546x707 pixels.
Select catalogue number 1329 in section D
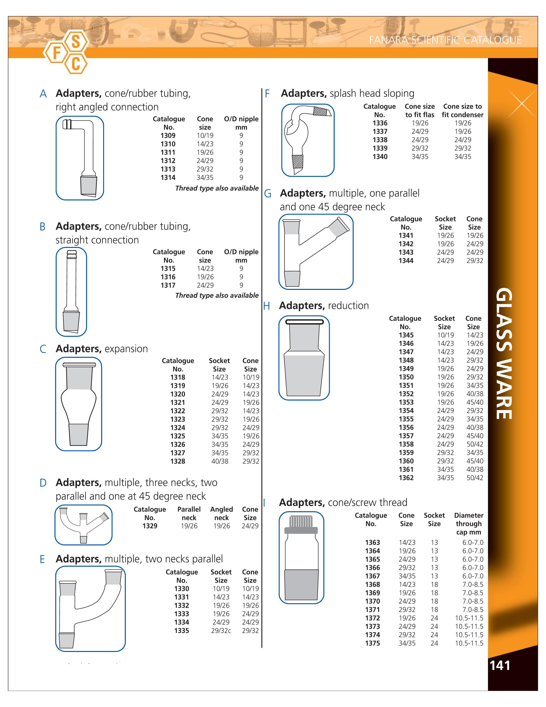tap(150, 526)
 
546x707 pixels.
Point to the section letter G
tap(267, 194)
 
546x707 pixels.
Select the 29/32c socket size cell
tap(221, 630)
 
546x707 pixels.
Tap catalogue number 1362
tap(406, 478)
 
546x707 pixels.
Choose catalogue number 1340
tap(380, 157)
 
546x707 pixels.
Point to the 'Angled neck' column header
tap(222, 513)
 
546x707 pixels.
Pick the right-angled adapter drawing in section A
tap(80, 158)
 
